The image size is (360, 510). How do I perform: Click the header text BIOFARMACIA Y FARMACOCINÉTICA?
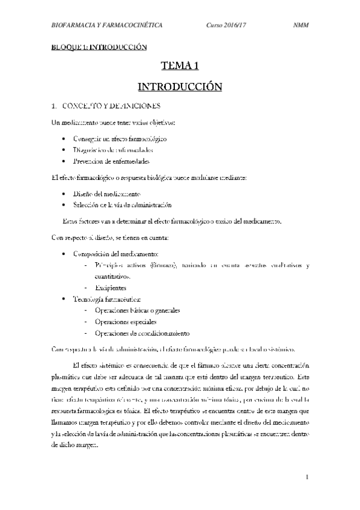(107, 26)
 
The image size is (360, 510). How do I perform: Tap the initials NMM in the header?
(301, 26)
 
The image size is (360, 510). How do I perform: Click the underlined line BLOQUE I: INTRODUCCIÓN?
(99, 46)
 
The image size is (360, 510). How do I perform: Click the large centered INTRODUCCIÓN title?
(180, 87)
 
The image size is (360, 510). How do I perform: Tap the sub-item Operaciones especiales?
(121, 322)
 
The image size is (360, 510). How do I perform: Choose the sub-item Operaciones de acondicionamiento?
(142, 333)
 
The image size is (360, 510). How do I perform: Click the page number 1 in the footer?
(306, 478)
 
